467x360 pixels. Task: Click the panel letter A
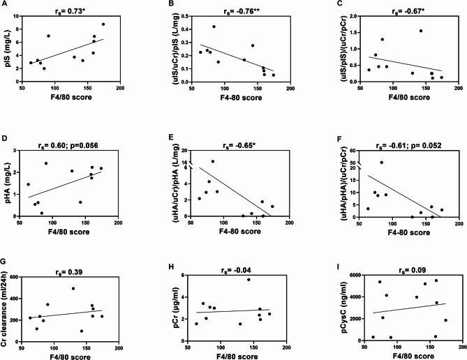6,5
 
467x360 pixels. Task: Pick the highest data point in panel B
214,27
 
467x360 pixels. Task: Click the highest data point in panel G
73,288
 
